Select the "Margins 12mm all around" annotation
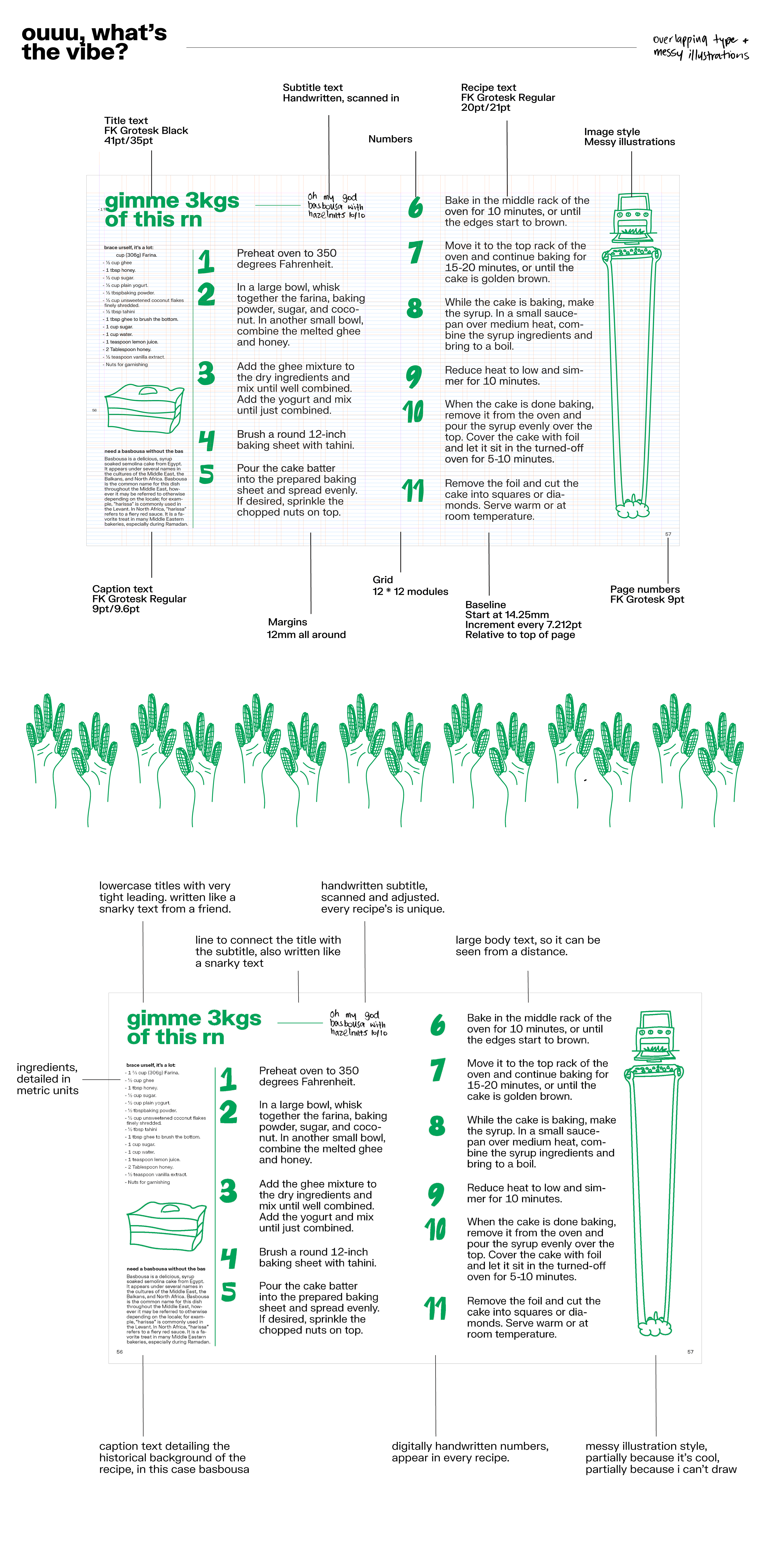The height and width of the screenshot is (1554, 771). pos(306,628)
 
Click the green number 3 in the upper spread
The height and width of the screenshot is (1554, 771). pos(206,373)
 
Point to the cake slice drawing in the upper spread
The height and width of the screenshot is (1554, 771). pos(144,408)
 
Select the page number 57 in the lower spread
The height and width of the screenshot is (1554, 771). pos(690,1352)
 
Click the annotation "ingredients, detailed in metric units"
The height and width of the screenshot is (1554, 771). pos(47,1079)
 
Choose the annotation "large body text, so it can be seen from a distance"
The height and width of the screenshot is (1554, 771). pos(527,945)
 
